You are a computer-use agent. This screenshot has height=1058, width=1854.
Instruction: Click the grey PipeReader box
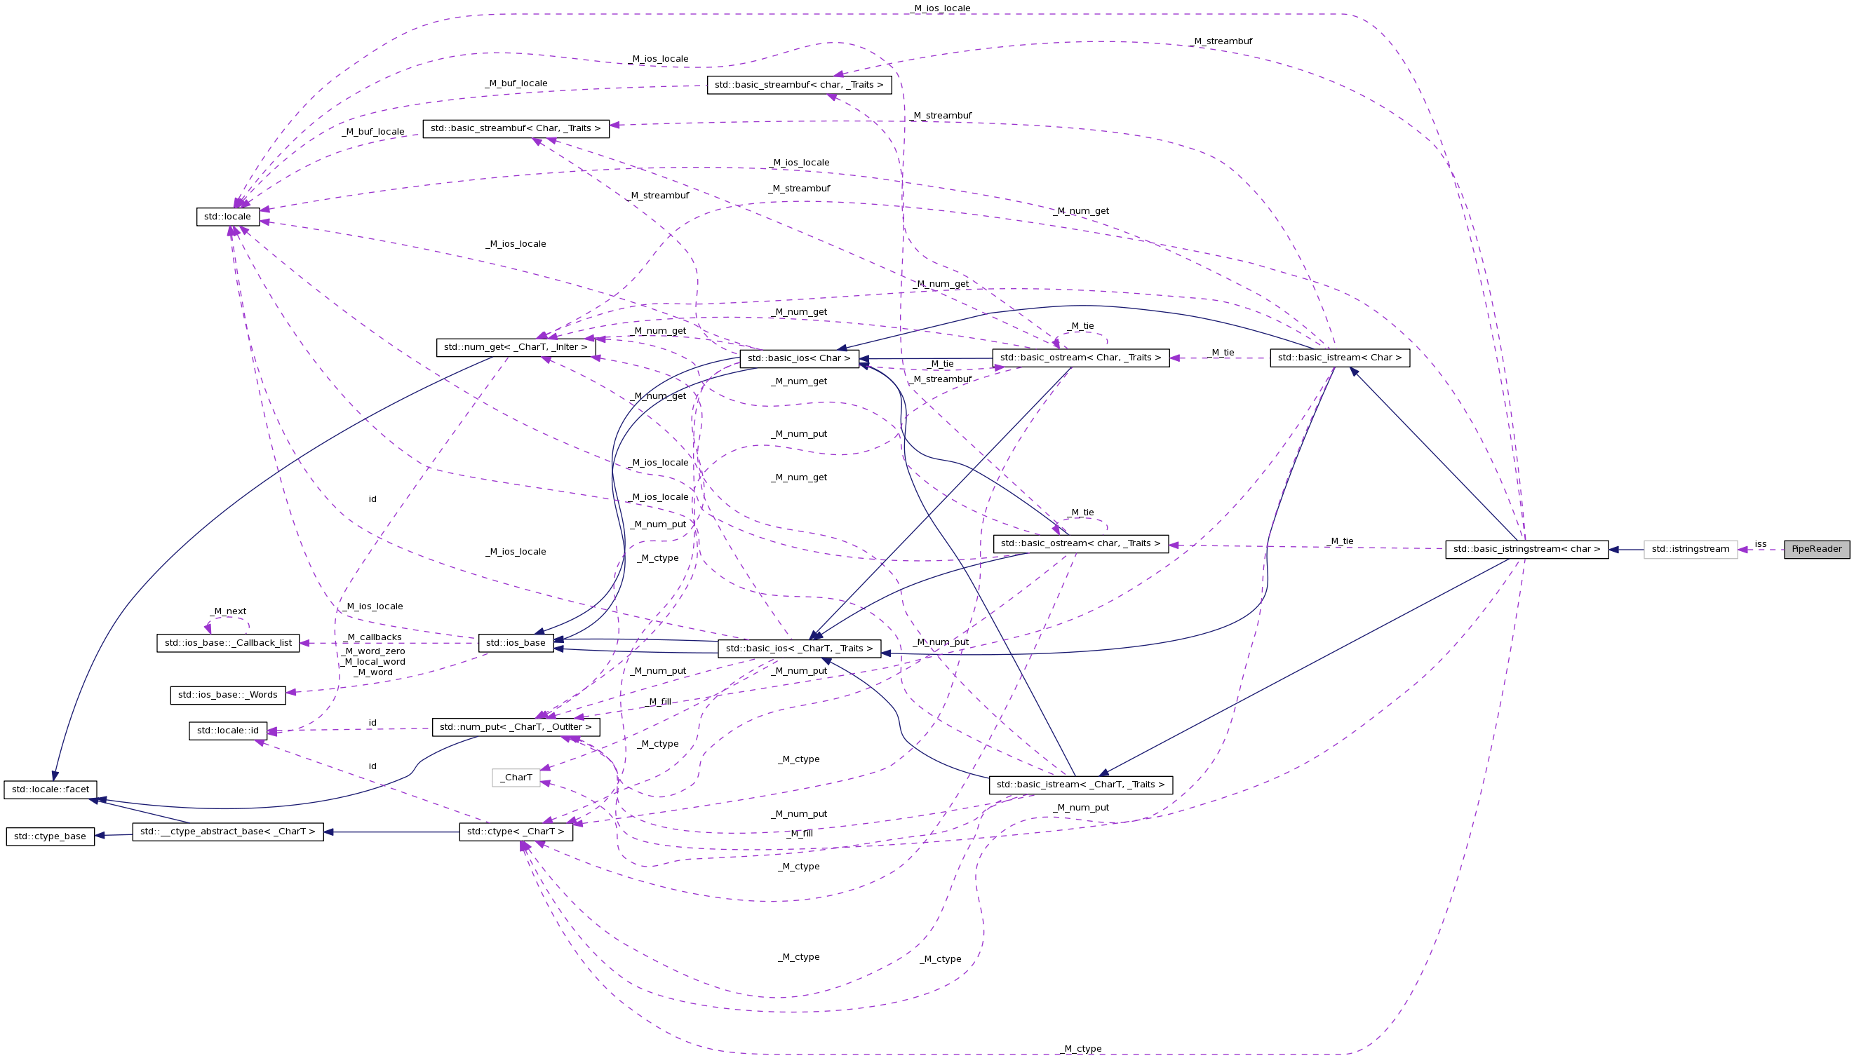tap(1815, 550)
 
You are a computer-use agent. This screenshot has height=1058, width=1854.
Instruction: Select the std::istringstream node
tap(1690, 550)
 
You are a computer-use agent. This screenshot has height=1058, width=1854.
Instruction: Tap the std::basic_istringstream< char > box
tap(1526, 550)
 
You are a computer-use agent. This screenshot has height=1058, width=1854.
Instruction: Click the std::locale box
tap(227, 217)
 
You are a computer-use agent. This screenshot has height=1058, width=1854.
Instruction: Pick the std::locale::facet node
tap(50, 789)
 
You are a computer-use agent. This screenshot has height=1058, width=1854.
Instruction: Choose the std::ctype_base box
tap(50, 836)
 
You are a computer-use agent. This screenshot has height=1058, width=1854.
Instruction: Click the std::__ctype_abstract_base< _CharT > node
tap(227, 832)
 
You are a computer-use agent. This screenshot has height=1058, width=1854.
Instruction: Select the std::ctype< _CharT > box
tap(516, 832)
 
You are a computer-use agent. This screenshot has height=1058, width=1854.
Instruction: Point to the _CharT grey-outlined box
tap(516, 778)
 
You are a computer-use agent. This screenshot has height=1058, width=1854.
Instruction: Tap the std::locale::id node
tap(227, 731)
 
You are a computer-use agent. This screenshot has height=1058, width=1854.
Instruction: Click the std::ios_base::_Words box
tap(227, 695)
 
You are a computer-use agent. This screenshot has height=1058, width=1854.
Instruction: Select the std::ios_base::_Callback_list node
tap(227, 643)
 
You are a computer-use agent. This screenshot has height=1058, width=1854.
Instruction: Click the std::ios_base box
tap(516, 642)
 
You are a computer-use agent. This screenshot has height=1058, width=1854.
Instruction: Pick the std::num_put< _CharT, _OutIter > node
tap(516, 726)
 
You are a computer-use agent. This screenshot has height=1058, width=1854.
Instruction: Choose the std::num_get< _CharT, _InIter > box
tap(516, 347)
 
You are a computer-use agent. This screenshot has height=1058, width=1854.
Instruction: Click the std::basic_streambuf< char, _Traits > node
tap(799, 85)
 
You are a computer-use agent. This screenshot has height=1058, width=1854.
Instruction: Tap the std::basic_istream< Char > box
tap(1338, 358)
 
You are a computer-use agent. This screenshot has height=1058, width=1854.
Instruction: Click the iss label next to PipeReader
tap(1759, 543)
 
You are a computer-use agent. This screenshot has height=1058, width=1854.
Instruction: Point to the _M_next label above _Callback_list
tap(227, 611)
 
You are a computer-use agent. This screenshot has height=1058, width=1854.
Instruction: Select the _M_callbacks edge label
tap(374, 637)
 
